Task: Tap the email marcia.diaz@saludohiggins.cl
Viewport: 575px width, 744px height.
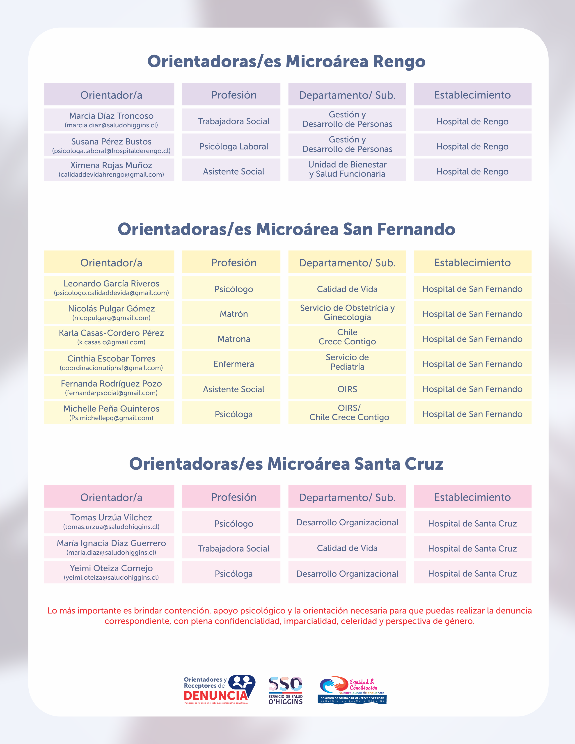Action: [x=111, y=125]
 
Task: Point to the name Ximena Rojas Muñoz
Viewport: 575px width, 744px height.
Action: [x=111, y=165]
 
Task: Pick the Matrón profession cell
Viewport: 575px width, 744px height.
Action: [x=234, y=314]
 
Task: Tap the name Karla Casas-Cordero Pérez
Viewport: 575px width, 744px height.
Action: [x=111, y=333]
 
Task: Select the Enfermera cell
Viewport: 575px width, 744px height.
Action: [x=234, y=364]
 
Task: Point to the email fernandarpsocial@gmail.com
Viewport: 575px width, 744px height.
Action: [x=111, y=393]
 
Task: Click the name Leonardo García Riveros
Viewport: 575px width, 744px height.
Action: [x=111, y=284]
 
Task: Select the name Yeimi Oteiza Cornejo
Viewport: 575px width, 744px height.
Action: [x=111, y=568]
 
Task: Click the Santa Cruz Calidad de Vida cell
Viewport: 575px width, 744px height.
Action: [x=347, y=548]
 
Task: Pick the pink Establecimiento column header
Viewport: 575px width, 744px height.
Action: [x=472, y=497]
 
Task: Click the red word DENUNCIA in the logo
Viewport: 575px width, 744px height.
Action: [x=216, y=695]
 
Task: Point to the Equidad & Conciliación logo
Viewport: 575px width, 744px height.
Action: [x=352, y=690]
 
